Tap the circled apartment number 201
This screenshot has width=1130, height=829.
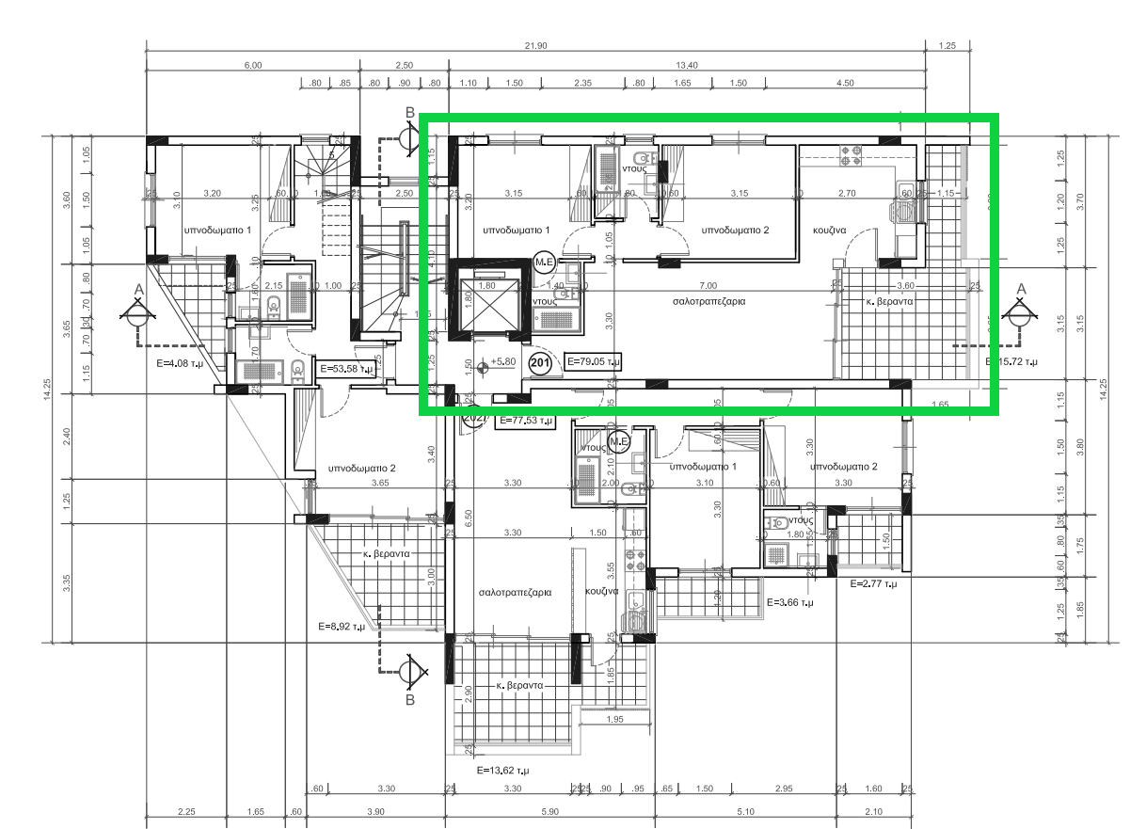click(540, 364)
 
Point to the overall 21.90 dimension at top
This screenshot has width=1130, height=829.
click(535, 46)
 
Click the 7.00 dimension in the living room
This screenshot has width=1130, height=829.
click(708, 285)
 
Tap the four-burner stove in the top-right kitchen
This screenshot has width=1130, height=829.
click(851, 155)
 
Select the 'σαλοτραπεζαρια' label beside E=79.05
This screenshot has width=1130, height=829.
click(708, 302)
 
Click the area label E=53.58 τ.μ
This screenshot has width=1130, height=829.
click(346, 368)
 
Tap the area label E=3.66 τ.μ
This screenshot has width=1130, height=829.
click(791, 602)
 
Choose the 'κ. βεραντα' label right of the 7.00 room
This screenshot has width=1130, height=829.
click(888, 302)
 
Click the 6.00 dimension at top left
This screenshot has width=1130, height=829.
click(252, 65)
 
